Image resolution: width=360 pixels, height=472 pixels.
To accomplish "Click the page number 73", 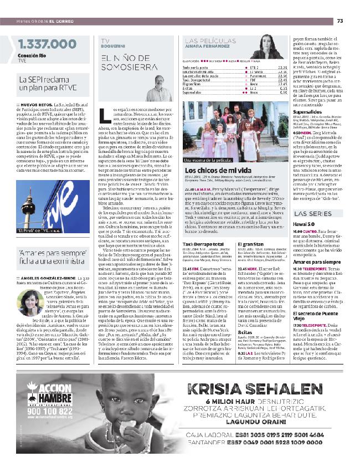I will click(x=340, y=21).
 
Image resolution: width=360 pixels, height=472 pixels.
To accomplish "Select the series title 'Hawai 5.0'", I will click(x=305, y=224).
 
